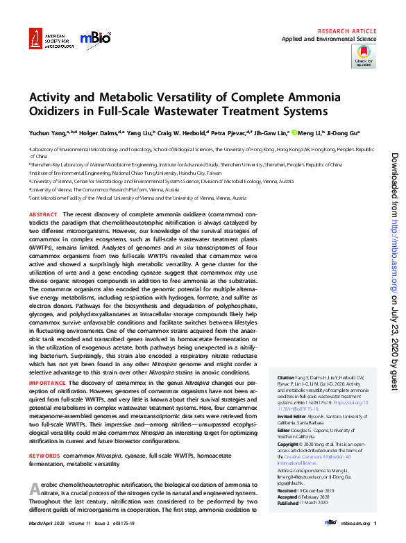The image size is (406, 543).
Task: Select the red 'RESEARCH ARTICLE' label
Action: [x=348, y=32]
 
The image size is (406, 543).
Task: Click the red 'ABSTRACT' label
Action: [x=44, y=216]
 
